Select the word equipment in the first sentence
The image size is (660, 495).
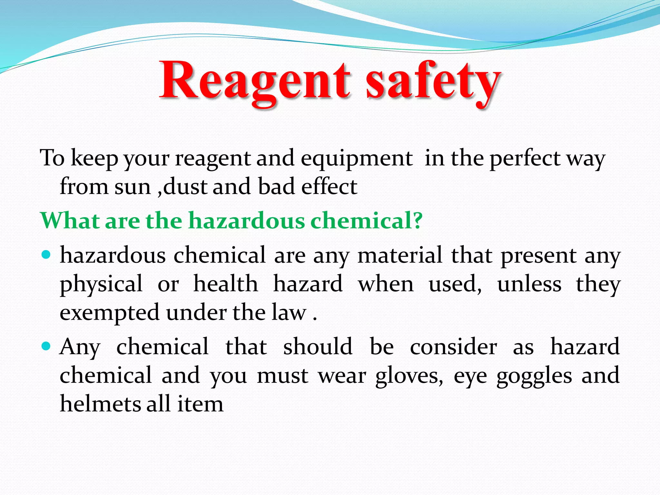(356, 159)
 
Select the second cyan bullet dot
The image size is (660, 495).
(47, 347)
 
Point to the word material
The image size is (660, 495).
(400, 256)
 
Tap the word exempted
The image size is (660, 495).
(110, 313)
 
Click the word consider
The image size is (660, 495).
(453, 347)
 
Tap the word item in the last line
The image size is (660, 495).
(200, 404)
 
